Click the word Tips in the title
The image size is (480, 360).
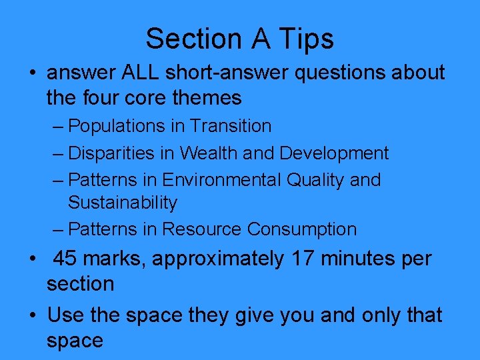[x=306, y=39]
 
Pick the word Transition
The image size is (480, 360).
[x=231, y=126]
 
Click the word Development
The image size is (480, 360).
[x=333, y=153]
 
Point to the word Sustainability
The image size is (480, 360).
[x=123, y=203]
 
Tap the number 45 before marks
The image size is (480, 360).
[x=65, y=259]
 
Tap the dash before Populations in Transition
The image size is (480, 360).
[x=59, y=127]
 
